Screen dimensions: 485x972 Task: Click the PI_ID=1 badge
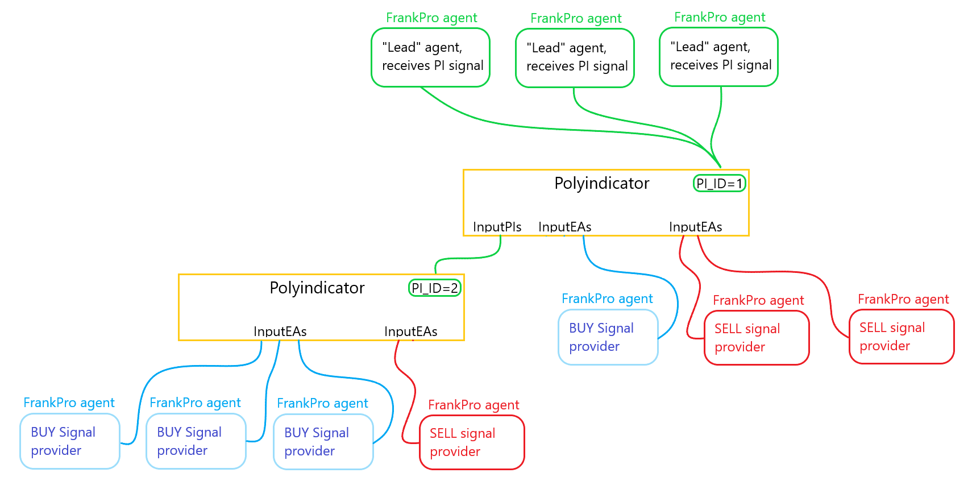(x=719, y=184)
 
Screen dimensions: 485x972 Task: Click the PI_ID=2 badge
(x=435, y=288)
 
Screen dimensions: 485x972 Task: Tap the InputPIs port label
(x=497, y=227)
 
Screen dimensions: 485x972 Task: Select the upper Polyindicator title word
(x=601, y=183)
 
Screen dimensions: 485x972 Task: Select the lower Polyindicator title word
(x=317, y=288)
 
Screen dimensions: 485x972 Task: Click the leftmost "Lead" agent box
(x=430, y=57)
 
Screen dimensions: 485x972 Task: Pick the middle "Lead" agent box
(x=575, y=58)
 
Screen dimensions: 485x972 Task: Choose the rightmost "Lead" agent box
(x=718, y=57)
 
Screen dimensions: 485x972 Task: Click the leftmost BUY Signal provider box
(x=70, y=441)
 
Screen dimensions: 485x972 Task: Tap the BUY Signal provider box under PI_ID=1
(x=608, y=337)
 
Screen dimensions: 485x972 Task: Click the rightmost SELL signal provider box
(x=902, y=337)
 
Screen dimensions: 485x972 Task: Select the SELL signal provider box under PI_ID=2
(x=472, y=442)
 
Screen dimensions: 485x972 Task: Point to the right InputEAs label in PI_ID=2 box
(x=410, y=331)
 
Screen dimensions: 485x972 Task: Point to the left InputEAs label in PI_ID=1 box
(x=564, y=227)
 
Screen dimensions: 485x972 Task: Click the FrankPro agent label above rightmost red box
(x=903, y=299)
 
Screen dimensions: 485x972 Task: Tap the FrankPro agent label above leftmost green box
(x=431, y=18)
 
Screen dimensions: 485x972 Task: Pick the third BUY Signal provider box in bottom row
(x=323, y=442)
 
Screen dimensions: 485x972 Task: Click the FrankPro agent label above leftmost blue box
(x=69, y=403)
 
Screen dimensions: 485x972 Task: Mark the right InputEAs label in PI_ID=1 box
(x=695, y=227)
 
